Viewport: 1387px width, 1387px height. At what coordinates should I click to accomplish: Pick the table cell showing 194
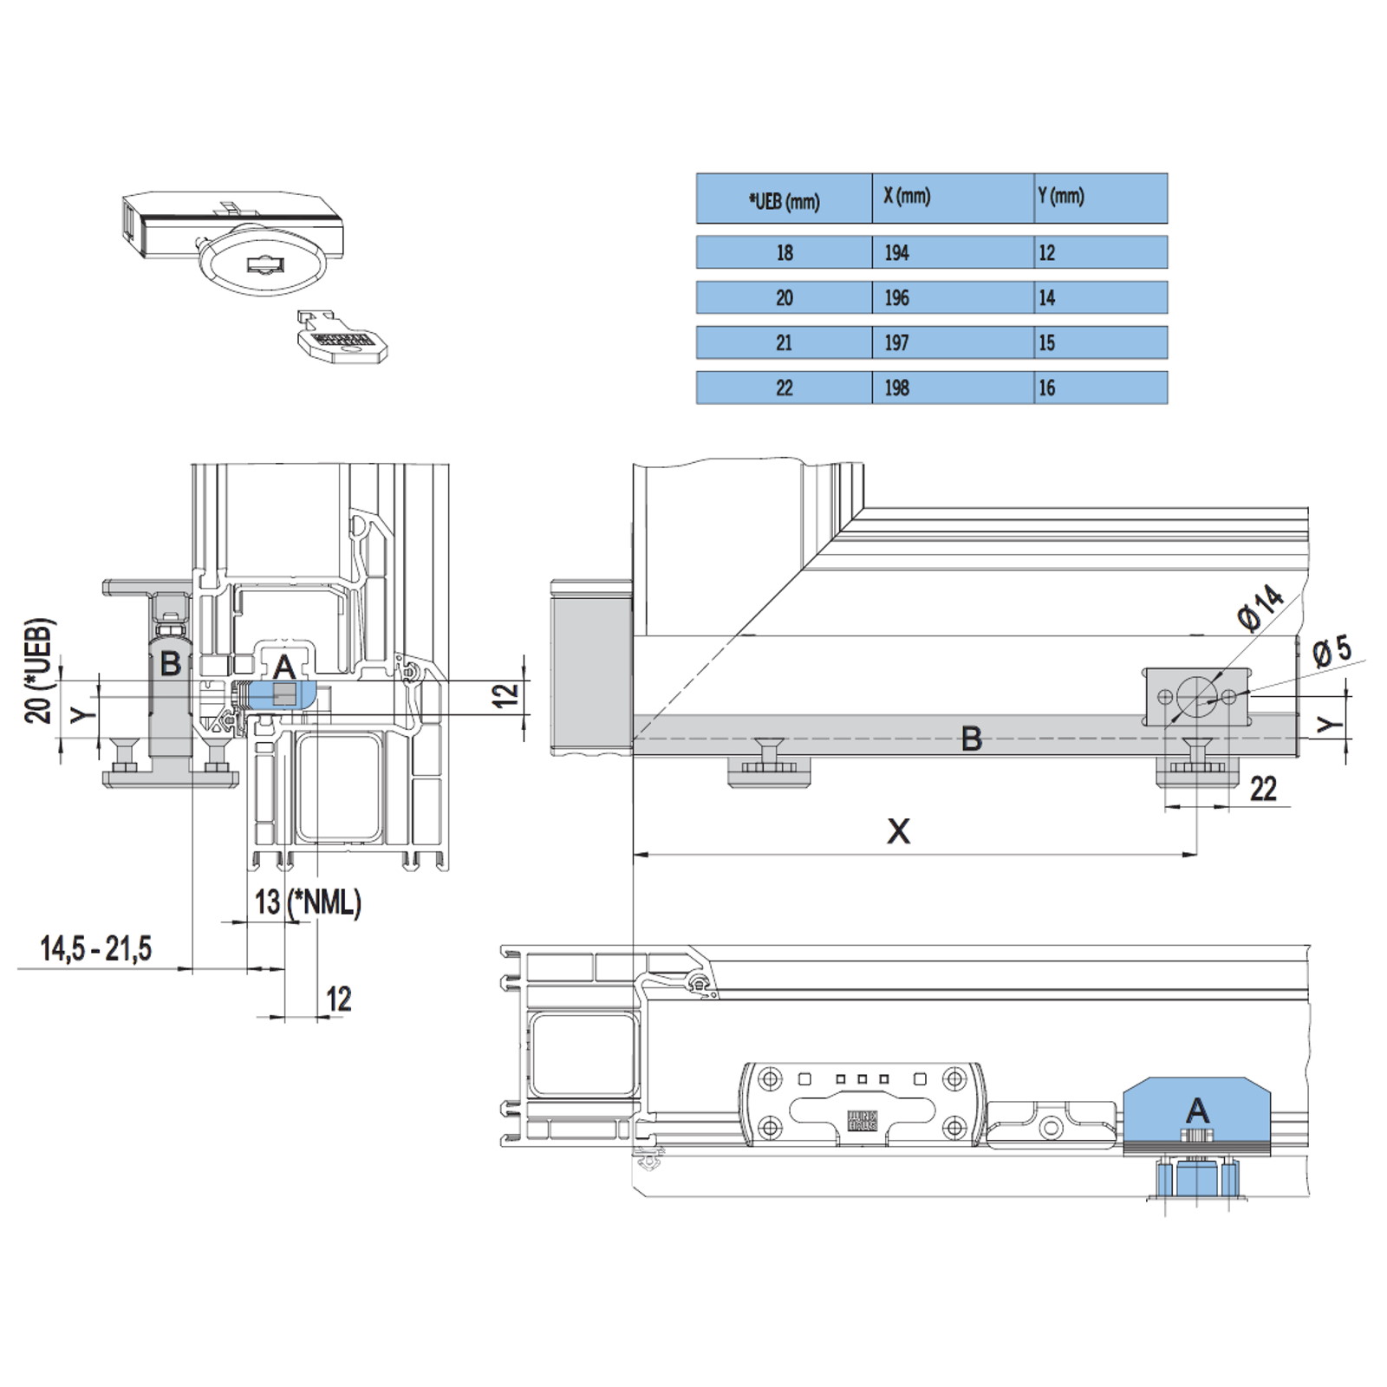[896, 252]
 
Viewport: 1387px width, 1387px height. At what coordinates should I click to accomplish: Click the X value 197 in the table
[896, 342]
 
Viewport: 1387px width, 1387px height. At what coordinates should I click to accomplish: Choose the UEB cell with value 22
[784, 387]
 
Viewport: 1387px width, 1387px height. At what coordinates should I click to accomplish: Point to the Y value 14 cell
[1047, 297]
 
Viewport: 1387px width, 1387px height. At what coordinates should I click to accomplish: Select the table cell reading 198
[896, 387]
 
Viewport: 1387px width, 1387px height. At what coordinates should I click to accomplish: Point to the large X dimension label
[899, 831]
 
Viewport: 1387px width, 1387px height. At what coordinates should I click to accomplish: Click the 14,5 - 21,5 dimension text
[95, 948]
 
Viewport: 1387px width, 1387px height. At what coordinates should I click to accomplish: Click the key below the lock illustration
[341, 336]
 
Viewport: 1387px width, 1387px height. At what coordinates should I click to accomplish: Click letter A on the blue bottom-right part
[1197, 1110]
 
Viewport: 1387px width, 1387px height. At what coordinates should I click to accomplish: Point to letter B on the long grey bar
[972, 739]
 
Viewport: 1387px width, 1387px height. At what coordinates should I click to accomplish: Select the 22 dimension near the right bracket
[1263, 789]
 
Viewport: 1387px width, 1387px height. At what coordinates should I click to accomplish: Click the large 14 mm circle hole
[1197, 696]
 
